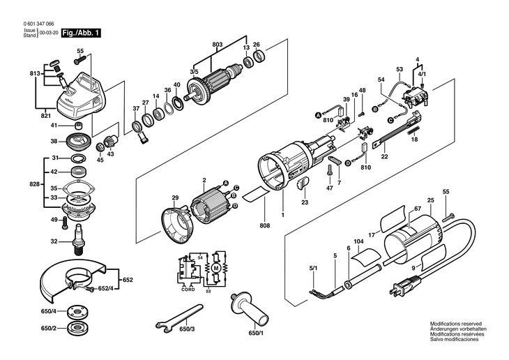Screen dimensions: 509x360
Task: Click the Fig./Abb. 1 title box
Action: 81,33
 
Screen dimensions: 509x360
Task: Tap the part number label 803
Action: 218,45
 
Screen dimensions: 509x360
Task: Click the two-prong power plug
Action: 402,287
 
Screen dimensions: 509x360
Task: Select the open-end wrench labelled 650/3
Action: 179,317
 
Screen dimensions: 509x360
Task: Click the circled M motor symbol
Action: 215,268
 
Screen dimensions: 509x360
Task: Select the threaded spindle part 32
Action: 78,240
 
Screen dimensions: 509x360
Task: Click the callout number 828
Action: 34,184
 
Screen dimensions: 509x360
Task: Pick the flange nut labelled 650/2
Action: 76,328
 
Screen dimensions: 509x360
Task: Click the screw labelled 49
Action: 65,223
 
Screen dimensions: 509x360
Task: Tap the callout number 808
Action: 265,225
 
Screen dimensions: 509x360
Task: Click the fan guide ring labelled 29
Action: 177,223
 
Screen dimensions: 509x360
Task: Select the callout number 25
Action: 431,200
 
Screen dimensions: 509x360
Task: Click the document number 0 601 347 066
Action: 38,24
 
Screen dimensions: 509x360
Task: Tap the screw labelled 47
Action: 330,170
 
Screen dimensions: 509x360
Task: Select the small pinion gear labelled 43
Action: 109,143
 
